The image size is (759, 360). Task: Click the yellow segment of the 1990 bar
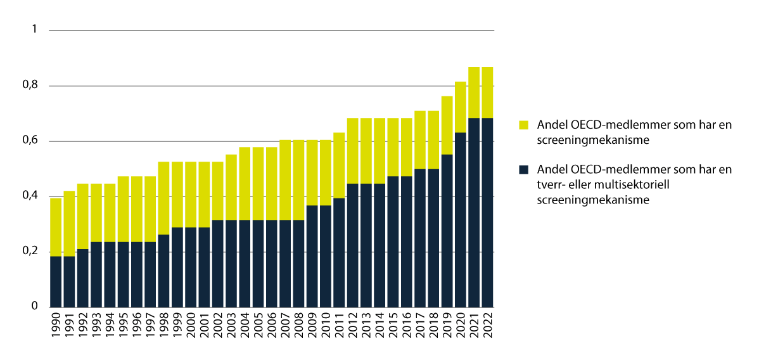tap(56, 227)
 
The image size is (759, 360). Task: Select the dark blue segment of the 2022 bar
tap(487, 212)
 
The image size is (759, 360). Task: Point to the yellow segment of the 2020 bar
tap(460, 106)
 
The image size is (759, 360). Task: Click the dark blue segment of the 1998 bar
tap(163, 271)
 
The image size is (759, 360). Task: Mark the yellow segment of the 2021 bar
tap(473, 92)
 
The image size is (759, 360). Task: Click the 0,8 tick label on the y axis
tap(30, 86)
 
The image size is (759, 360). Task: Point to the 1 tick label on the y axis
tap(35, 30)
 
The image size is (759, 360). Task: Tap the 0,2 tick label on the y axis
tap(30, 252)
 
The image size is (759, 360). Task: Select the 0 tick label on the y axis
tap(35, 307)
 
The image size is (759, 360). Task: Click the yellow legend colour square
tap(523, 125)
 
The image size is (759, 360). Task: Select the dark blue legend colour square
tap(523, 170)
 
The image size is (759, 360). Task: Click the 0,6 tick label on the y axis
tap(30, 141)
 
